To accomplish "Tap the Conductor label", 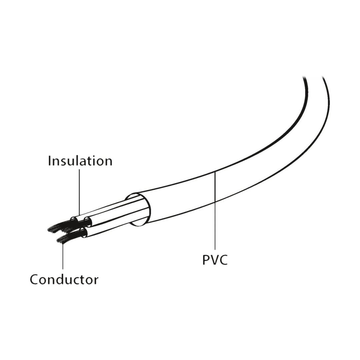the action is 64,279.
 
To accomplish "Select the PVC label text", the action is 215,260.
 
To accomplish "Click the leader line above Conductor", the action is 63,256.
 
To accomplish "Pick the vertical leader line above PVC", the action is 215,210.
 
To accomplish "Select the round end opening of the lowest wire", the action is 84,233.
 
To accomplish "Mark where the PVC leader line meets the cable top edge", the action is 215,171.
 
